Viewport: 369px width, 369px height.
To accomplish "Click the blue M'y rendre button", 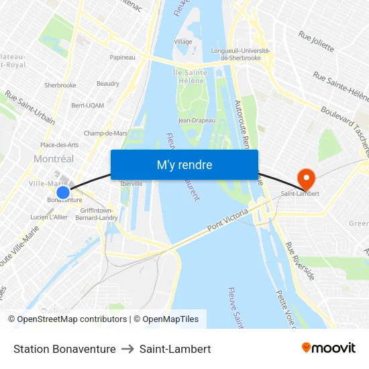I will coord(184,165).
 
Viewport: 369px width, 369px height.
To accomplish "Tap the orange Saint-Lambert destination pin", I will coord(306,178).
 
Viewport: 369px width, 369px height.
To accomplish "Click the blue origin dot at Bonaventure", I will coord(63,193).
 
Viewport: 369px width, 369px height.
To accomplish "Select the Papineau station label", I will coord(122,58).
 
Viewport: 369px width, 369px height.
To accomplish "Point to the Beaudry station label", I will coord(108,84).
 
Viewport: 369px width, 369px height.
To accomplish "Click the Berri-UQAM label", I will coord(87,105).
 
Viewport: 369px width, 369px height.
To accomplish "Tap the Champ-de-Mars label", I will coord(106,134).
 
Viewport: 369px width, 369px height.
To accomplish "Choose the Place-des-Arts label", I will coord(59,145).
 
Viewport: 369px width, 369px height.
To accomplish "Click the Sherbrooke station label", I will coord(60,85).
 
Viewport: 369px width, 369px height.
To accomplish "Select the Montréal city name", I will coord(54,159).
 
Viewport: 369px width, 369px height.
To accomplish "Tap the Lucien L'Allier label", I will coord(49,217).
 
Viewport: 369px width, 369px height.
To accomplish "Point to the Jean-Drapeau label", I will coord(197,121).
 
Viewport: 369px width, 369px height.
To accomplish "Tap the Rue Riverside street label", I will coord(300,261).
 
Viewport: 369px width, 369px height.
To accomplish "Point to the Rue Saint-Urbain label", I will coord(30,107).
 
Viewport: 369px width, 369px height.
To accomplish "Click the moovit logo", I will coord(329,348).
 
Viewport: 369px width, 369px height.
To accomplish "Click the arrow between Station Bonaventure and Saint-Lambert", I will coord(127,349).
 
